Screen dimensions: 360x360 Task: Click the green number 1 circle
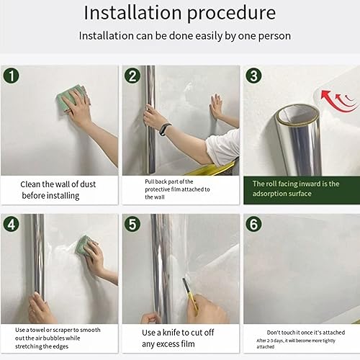point(11,76)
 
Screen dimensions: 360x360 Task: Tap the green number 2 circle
point(132,76)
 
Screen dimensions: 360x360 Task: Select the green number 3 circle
point(253,76)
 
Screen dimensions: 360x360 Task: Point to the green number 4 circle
point(11,224)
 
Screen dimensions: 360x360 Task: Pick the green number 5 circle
point(132,224)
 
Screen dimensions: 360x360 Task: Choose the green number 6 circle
point(253,224)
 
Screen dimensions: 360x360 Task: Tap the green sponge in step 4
point(84,245)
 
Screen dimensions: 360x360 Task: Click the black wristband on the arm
point(166,129)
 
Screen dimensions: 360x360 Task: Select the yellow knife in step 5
point(190,296)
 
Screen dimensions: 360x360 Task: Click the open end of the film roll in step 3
point(297,114)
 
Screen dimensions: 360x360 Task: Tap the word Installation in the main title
point(132,12)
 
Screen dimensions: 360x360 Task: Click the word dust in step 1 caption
point(88,184)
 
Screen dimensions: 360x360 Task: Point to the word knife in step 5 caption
point(173,333)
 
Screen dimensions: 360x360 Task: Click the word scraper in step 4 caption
point(62,330)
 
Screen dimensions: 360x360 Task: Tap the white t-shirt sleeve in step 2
point(223,147)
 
